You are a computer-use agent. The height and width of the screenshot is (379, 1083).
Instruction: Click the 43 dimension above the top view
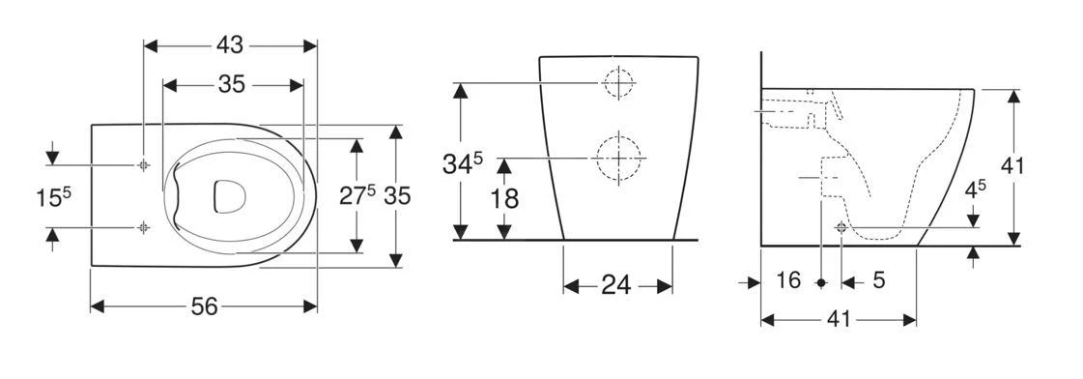tap(230, 45)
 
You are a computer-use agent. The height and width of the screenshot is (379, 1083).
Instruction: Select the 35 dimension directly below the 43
tap(232, 84)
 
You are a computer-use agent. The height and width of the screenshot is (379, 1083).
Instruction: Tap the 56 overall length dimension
tap(205, 306)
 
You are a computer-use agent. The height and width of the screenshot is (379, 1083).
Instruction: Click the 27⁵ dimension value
tap(357, 195)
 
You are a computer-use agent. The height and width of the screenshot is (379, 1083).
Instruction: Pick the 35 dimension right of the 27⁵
tap(397, 196)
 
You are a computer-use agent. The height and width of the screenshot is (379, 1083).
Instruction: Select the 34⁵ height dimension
tap(463, 165)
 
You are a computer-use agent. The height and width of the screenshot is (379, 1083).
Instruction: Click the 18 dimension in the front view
tap(504, 199)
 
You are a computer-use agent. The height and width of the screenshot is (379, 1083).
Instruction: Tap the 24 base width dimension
tap(616, 285)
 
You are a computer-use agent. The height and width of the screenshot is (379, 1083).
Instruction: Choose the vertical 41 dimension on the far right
tap(1012, 166)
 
